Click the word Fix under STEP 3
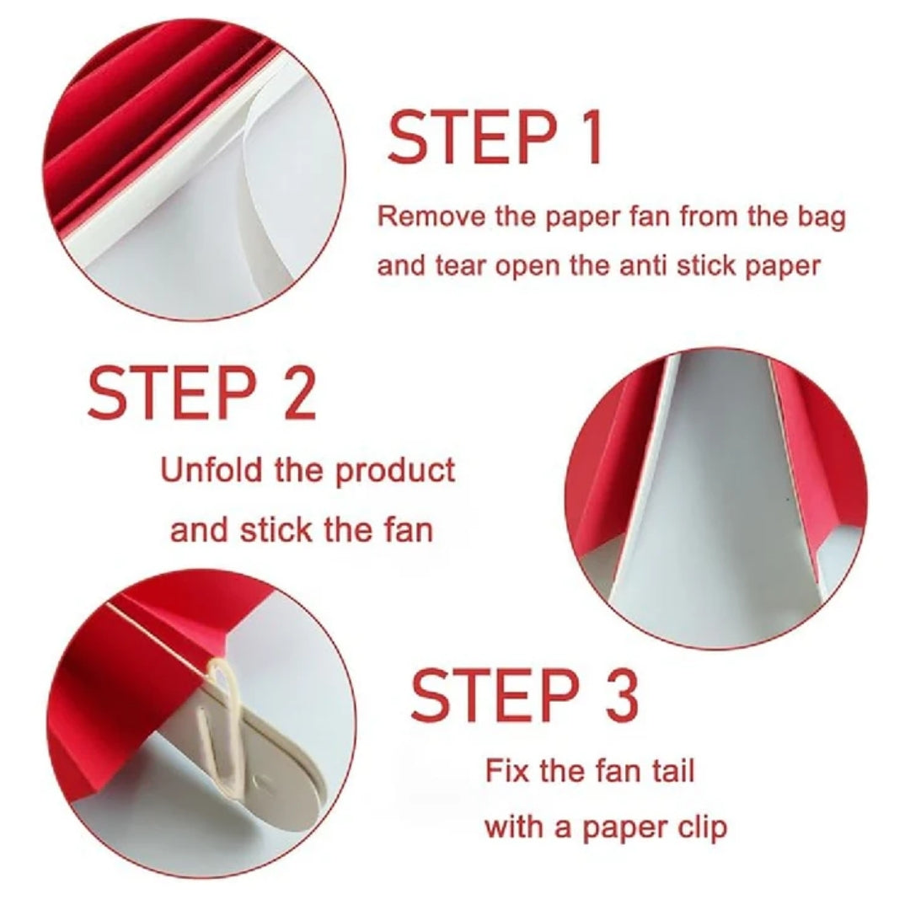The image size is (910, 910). (506, 770)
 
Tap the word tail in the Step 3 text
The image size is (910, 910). (672, 770)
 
